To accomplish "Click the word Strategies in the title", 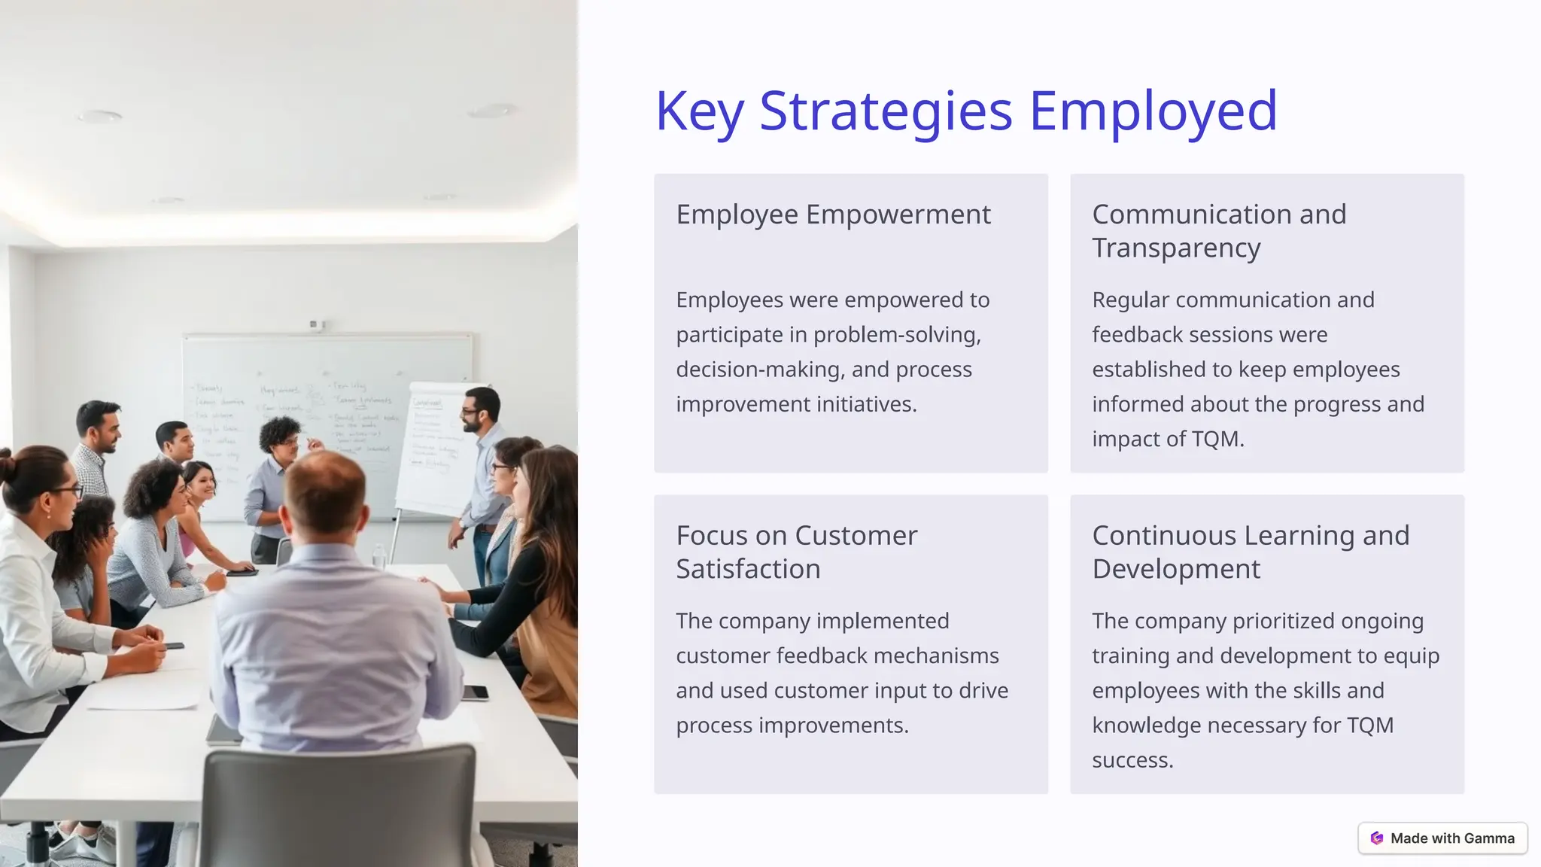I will click(886, 111).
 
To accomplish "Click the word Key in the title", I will click(699, 111).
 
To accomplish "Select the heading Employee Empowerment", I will click(833, 214).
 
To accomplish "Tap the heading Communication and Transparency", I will click(1219, 230).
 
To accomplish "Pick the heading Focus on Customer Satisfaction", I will click(796, 552).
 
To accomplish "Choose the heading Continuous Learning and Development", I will click(1251, 552).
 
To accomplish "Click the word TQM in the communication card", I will click(1214, 439).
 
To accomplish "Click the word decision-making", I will click(760, 370).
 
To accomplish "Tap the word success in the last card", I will click(1132, 760).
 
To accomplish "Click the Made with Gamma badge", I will click(1442, 838).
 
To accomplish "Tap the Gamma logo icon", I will click(1377, 838).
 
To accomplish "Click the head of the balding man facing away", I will click(326, 493).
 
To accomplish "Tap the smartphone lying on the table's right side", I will click(475, 692).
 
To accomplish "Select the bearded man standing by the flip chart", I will click(482, 467).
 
